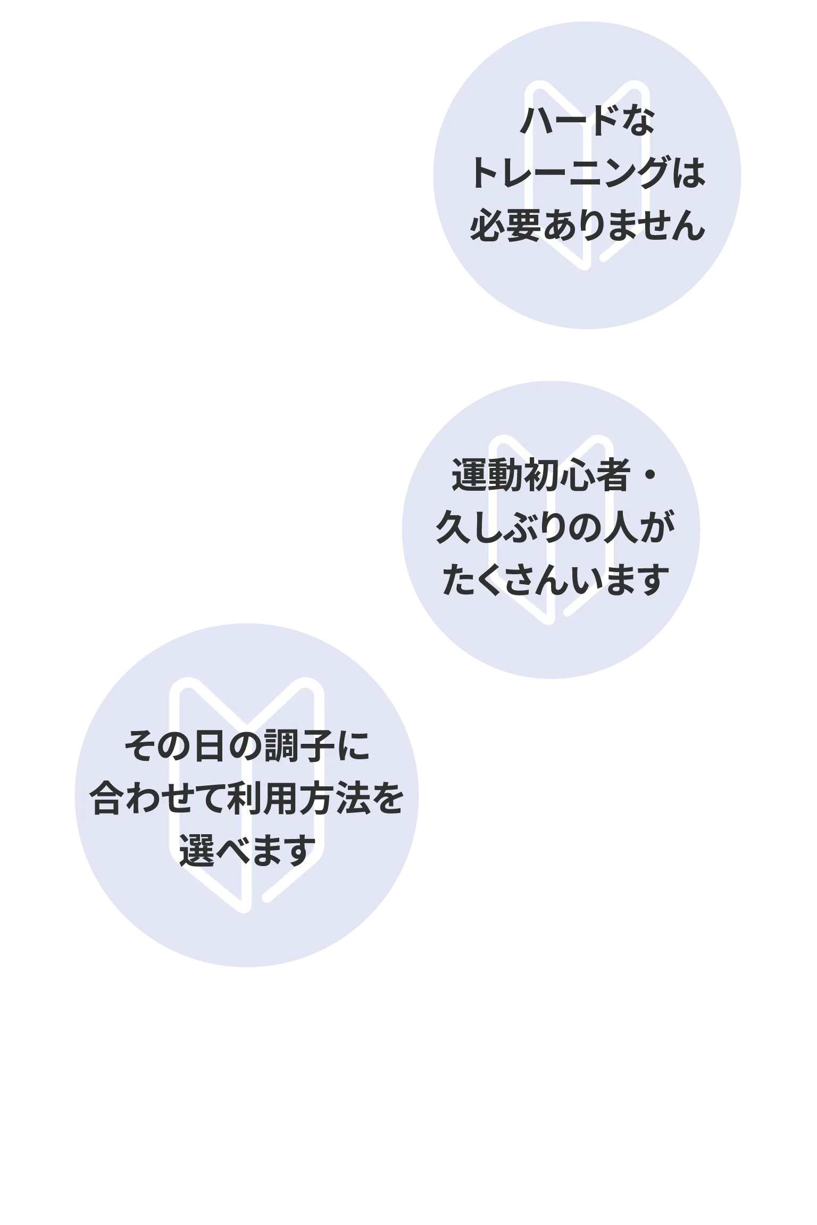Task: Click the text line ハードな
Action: [587, 122]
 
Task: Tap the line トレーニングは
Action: [587, 174]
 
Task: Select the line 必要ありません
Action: [587, 226]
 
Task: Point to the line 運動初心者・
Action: [555, 476]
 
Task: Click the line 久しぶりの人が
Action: [555, 528]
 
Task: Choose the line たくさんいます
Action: [555, 580]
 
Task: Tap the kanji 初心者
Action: [576, 476]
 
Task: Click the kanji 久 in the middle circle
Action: [453, 528]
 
